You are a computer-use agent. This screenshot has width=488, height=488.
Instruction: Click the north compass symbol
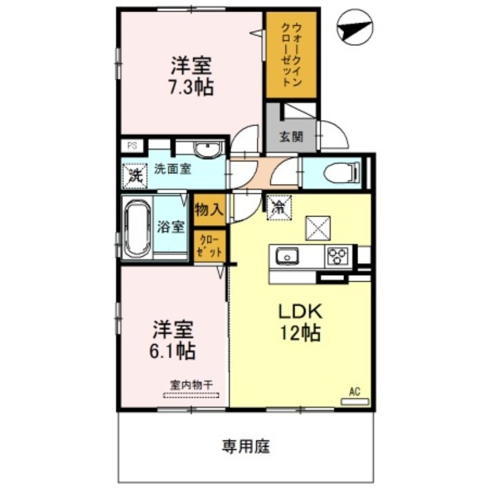click(356, 28)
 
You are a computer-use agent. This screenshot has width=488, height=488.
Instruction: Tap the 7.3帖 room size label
click(191, 87)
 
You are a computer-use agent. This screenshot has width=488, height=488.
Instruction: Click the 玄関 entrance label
click(292, 136)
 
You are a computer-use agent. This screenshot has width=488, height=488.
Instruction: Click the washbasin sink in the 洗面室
click(209, 149)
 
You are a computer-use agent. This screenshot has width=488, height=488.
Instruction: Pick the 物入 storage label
click(209, 209)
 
